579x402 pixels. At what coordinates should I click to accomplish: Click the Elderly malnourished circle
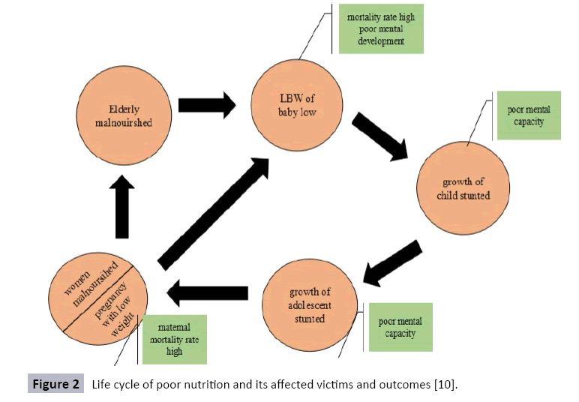(123, 115)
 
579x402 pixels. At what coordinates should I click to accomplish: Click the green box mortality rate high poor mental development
(381, 29)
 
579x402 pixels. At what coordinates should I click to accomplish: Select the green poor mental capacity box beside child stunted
(528, 115)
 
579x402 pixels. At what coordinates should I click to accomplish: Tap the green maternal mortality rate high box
(173, 339)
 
